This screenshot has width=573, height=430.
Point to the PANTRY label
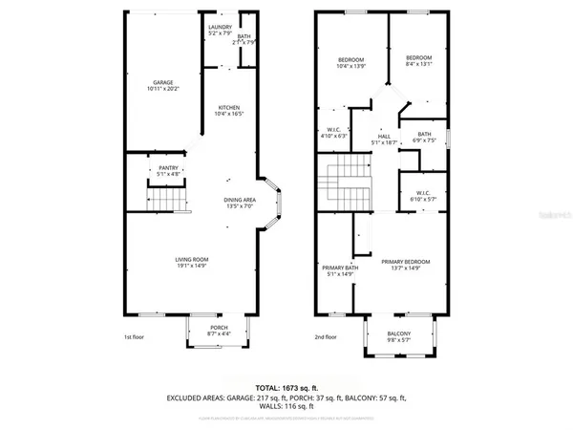tap(168, 171)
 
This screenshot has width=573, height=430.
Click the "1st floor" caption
tap(135, 337)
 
